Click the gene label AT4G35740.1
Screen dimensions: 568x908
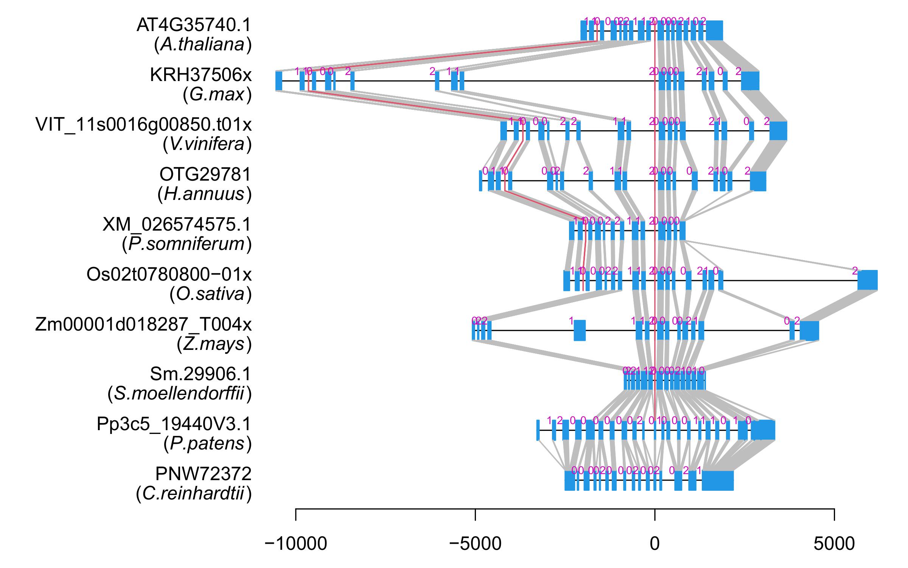[194, 25]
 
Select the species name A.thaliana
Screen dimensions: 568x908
[203, 45]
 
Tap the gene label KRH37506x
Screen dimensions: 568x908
[201, 75]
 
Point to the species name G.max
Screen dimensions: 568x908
[217, 95]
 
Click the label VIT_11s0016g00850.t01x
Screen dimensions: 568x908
[143, 125]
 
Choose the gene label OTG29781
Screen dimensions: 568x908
[205, 175]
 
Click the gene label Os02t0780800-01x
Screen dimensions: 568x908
[169, 274]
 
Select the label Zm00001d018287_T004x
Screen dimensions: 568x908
[143, 325]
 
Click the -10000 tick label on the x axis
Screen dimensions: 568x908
[296, 544]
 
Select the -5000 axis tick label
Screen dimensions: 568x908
[475, 544]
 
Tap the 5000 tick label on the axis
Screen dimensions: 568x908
[834, 544]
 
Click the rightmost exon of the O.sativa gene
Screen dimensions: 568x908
[867, 281]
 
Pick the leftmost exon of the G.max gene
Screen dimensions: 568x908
[279, 81]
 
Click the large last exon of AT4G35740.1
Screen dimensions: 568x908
[715, 30]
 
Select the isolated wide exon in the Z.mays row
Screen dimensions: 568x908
[580, 331]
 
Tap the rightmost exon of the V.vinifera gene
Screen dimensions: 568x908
[778, 131]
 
